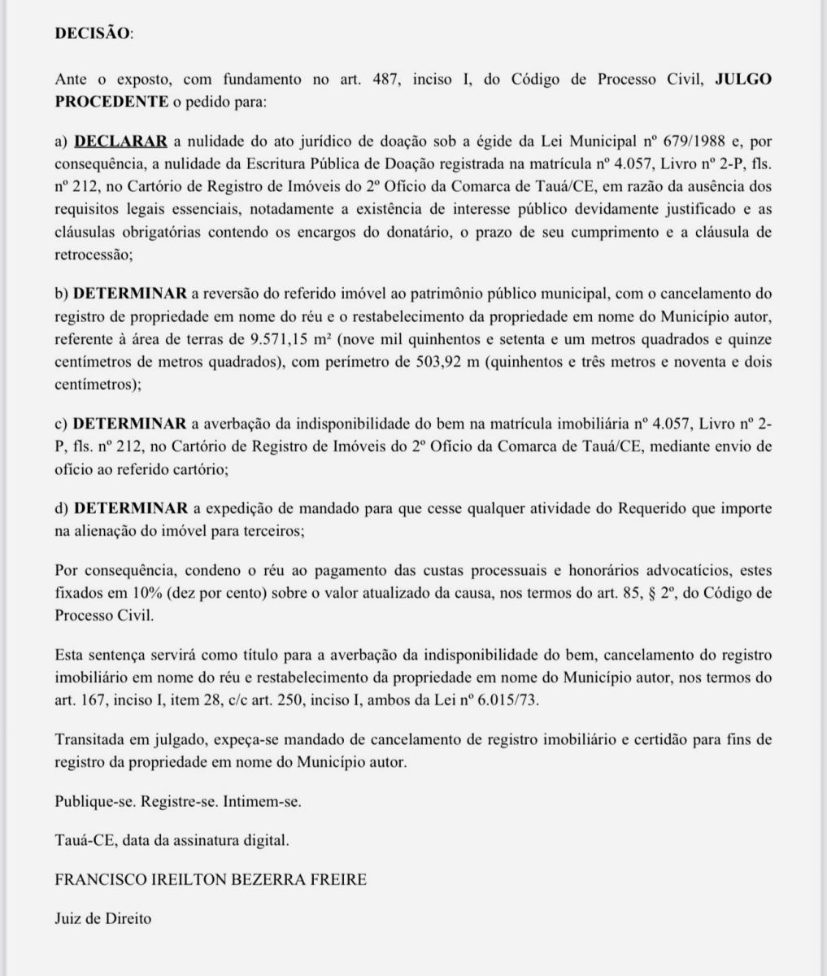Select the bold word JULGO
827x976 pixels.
742,80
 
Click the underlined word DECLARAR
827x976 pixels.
120,141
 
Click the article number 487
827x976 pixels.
385,80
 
